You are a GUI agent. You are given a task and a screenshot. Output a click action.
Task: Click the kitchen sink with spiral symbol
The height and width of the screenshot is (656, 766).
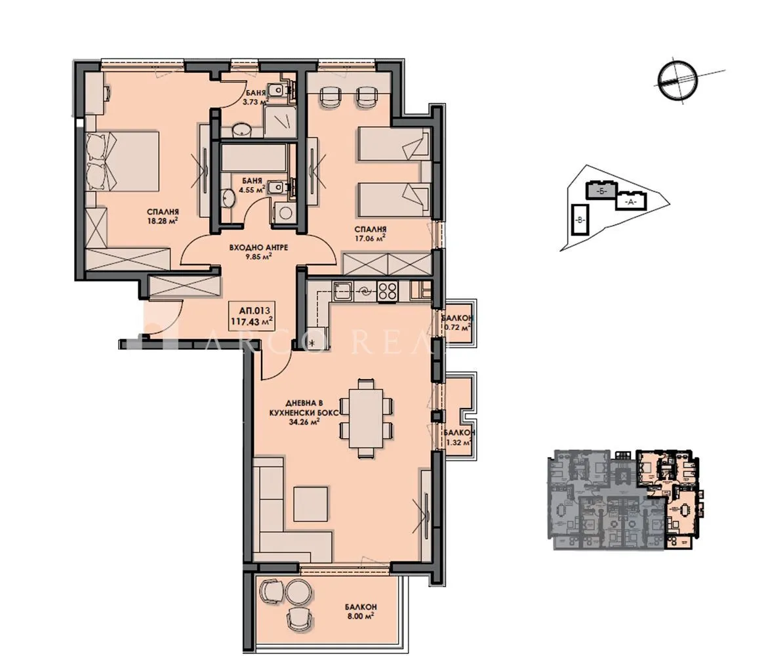pos(364,292)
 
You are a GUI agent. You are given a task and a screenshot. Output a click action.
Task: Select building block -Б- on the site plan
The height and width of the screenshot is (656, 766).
pos(602,191)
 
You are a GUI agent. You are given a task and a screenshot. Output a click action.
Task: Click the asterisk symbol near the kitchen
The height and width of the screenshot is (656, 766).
pos(312,343)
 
